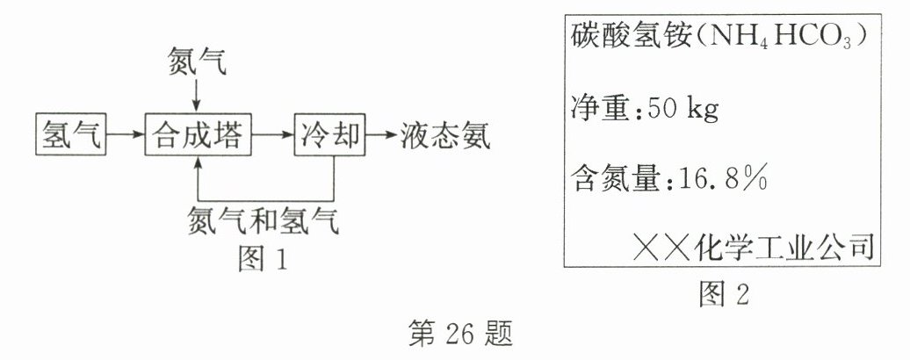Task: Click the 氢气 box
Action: coord(69,136)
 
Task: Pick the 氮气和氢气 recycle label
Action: coord(264,219)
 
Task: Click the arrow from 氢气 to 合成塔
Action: coord(124,136)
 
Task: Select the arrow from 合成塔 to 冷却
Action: coord(273,136)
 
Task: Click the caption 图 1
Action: coord(263,258)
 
